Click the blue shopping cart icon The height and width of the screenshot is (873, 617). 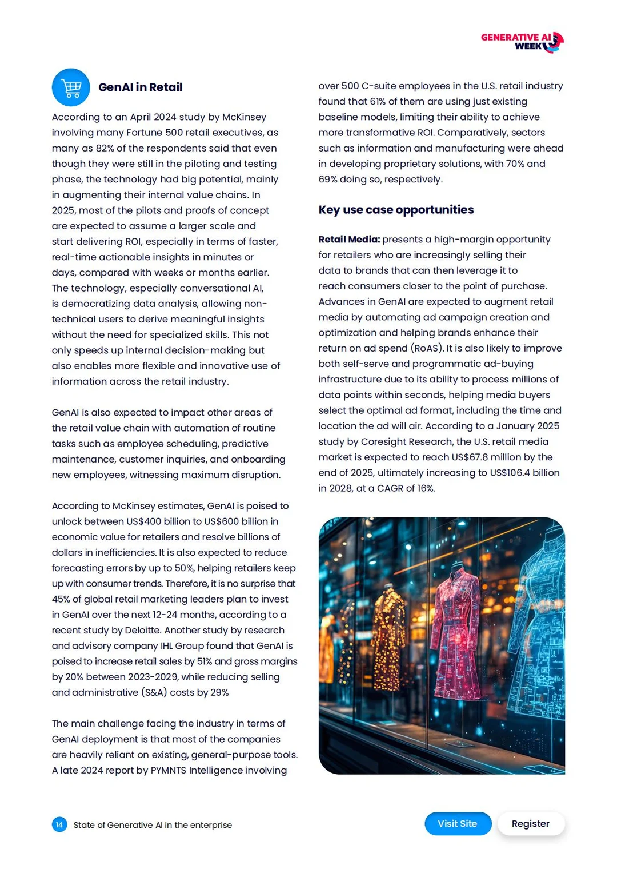pos(71,87)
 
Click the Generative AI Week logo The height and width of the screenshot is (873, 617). pos(522,42)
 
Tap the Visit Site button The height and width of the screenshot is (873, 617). pos(458,823)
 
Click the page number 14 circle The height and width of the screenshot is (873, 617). pos(59,824)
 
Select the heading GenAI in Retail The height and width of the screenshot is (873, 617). pos(140,87)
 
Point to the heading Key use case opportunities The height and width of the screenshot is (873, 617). pos(396,210)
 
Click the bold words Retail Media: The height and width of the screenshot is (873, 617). pos(349,240)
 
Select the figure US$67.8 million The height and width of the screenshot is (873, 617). pos(491,457)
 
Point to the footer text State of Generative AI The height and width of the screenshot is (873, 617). pos(153,825)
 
